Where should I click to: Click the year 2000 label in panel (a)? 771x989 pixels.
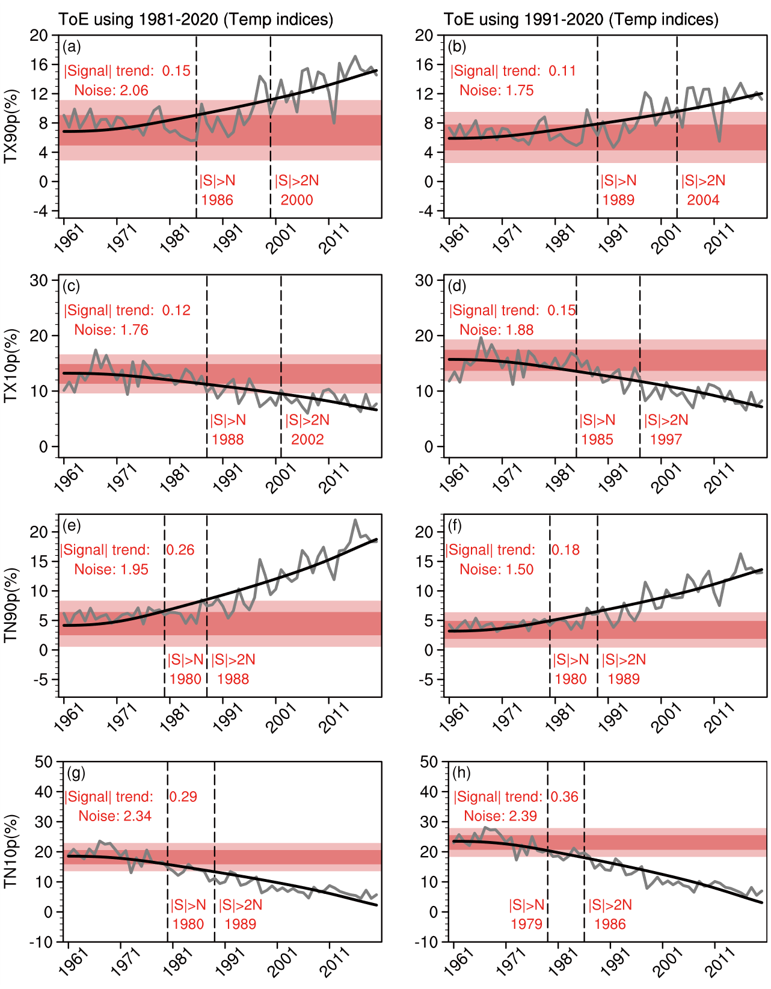[296, 200]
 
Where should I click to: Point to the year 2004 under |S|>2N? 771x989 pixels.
[703, 200]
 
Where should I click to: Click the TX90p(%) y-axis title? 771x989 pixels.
[11, 126]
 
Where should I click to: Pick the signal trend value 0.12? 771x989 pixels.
[176, 310]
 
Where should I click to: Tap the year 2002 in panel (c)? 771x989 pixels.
[307, 440]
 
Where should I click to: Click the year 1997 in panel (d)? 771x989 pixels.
[666, 440]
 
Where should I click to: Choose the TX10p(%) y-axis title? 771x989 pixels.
[11, 366]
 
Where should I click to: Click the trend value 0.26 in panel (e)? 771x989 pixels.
[180, 550]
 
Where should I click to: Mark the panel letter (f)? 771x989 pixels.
[455, 526]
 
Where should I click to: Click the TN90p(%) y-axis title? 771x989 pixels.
[11, 605]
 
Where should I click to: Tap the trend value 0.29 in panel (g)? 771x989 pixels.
[183, 796]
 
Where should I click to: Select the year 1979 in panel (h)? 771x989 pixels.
[526, 925]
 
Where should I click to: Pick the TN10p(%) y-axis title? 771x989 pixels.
[11, 851]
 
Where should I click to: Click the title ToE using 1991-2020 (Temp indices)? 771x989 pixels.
[581, 19]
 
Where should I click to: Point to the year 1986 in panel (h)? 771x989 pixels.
[610, 925]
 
